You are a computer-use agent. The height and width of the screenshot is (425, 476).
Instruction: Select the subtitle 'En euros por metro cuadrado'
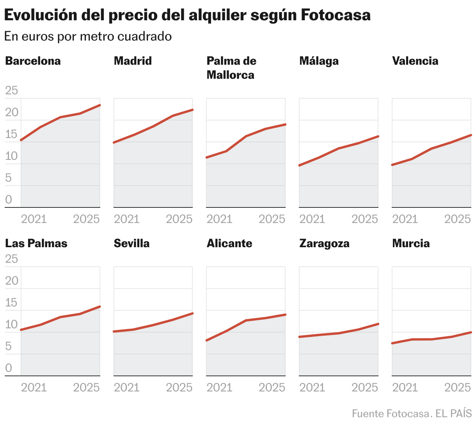(x=88, y=36)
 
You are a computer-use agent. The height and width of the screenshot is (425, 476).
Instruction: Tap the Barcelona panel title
(x=33, y=61)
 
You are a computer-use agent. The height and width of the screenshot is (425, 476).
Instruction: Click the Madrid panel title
(x=133, y=61)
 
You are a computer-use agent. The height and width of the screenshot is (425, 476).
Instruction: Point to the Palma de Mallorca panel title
(x=231, y=68)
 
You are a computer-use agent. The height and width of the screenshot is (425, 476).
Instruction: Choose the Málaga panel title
(x=319, y=61)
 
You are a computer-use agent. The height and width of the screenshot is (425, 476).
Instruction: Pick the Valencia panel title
(x=415, y=61)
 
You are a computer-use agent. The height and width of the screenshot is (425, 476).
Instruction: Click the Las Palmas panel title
(x=36, y=243)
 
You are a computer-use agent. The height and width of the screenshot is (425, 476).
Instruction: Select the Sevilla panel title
(x=131, y=243)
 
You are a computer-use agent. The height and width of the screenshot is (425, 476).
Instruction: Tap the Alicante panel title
(x=229, y=243)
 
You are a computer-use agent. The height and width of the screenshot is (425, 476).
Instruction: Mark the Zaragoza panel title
(x=324, y=243)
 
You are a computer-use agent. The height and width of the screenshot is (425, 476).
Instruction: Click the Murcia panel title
(x=411, y=243)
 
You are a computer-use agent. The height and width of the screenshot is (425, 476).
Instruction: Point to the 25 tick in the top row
(x=11, y=91)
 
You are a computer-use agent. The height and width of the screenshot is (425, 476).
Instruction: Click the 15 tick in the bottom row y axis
(x=11, y=303)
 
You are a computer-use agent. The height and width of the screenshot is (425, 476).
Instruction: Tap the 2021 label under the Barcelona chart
(x=34, y=219)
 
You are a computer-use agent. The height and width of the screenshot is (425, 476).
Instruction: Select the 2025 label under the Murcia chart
(x=458, y=387)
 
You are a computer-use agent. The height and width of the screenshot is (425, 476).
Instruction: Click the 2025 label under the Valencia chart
(x=458, y=219)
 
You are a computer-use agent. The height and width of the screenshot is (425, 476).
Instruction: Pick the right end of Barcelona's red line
(x=100, y=105)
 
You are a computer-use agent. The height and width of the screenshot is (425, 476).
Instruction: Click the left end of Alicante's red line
(x=207, y=340)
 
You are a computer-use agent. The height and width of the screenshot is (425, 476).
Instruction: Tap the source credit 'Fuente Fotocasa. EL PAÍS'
(x=412, y=414)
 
